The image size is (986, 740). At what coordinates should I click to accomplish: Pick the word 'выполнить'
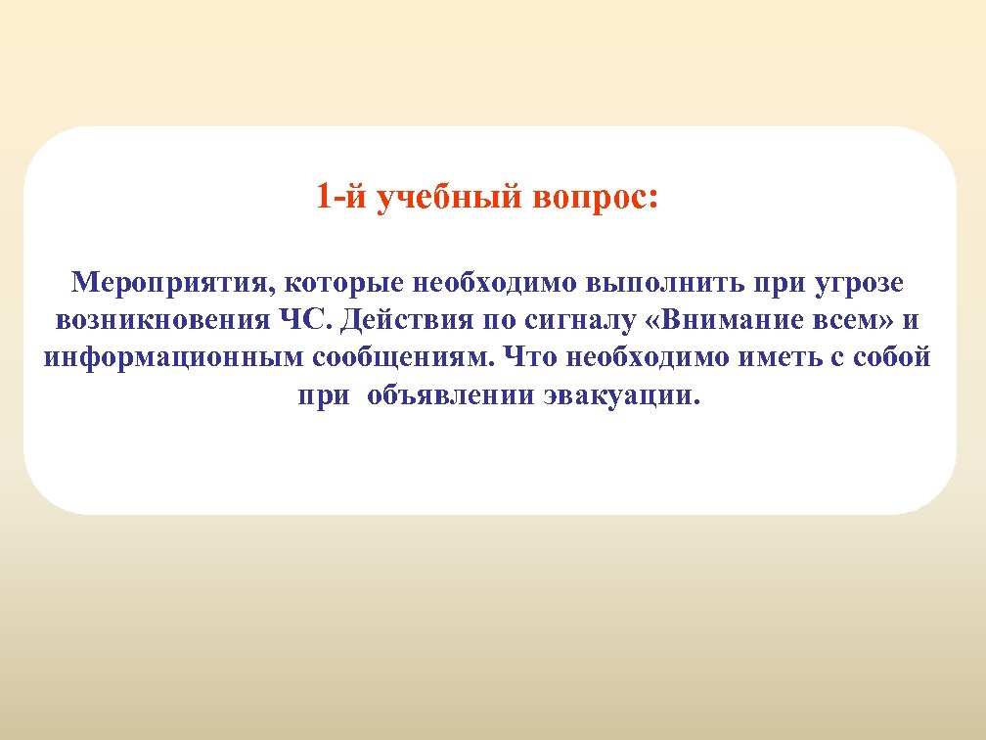(666, 284)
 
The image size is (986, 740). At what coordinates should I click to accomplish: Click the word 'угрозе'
(861, 284)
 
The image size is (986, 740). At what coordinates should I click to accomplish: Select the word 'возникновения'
(158, 320)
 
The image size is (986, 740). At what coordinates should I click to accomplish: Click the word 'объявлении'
(450, 395)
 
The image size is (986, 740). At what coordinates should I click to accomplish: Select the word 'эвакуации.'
(620, 395)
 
